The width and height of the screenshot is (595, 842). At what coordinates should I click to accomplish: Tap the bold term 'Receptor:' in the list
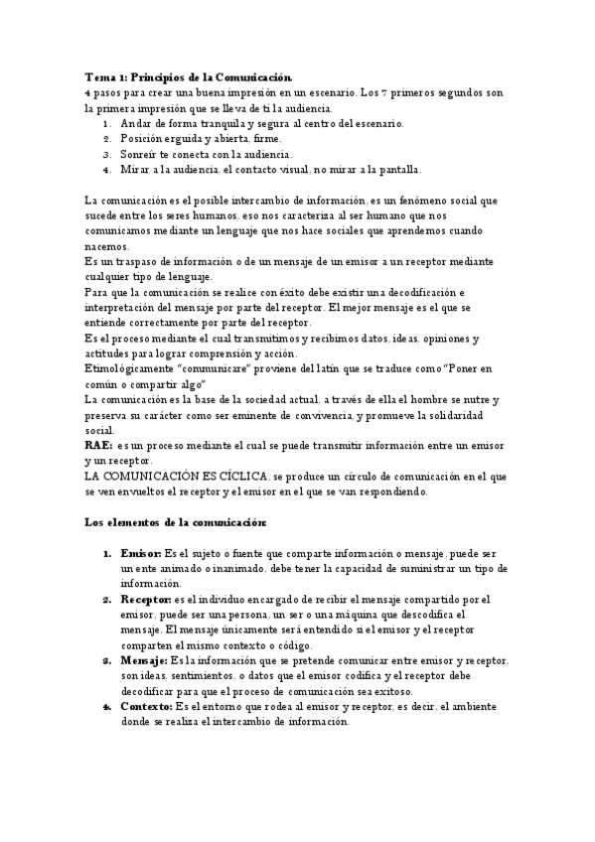pyautogui.click(x=146, y=601)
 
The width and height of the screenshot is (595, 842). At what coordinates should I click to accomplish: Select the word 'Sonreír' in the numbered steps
pyautogui.click(x=140, y=154)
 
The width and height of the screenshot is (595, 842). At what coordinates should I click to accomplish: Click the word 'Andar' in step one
pyautogui.click(x=136, y=123)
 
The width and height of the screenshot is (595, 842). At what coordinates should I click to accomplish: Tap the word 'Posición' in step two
pyautogui.click(x=143, y=139)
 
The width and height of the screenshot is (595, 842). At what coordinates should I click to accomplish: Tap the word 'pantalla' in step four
pyautogui.click(x=398, y=170)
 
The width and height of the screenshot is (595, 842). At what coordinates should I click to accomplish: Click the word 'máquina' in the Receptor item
pyautogui.click(x=392, y=616)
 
